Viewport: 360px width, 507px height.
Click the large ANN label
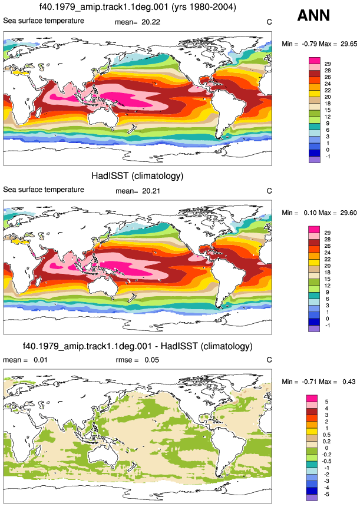313,15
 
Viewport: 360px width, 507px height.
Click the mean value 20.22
151,22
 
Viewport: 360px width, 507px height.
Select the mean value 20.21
151,191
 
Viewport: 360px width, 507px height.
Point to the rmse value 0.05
151,360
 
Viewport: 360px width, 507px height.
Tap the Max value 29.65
349,44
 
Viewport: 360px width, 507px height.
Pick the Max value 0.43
349,382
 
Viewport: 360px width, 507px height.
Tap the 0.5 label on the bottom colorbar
326,435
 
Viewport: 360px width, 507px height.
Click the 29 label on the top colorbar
328,64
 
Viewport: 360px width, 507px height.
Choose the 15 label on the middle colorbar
328,279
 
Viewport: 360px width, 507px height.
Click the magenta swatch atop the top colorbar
315,61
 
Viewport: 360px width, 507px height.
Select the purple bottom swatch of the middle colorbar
314,329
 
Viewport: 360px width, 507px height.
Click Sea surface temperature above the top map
44,21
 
